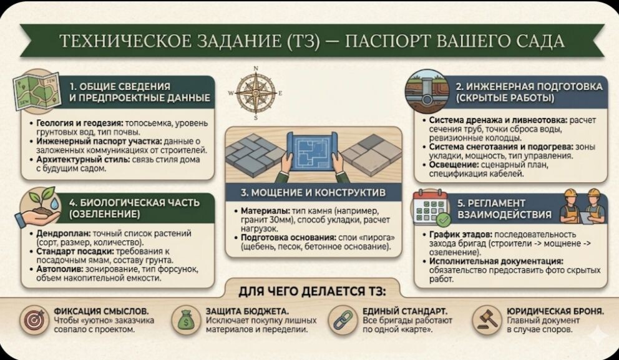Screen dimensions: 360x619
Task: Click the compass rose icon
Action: [256, 92]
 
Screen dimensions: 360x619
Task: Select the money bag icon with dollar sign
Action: [187, 319]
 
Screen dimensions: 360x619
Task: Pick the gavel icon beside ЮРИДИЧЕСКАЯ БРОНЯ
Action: [486, 319]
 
